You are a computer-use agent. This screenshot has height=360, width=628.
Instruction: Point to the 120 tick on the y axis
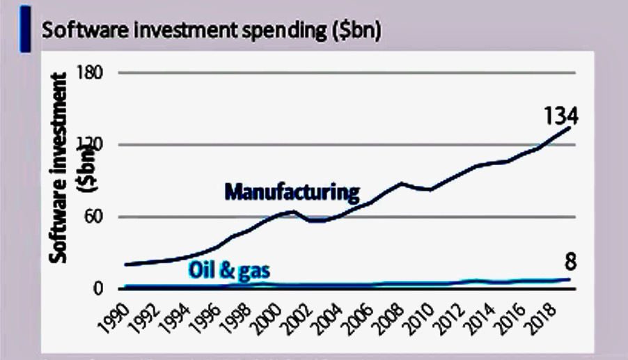coord(104,146)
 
